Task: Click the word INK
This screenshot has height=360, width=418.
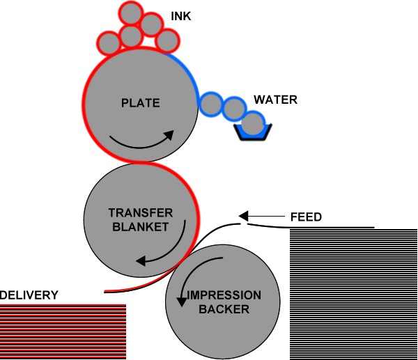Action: click(180, 16)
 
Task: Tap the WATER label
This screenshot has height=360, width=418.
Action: click(275, 100)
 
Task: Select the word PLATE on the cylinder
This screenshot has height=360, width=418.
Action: click(141, 103)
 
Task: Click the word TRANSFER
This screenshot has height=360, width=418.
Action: click(141, 213)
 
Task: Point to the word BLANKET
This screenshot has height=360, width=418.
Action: click(141, 227)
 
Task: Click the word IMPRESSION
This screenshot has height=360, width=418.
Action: click(224, 295)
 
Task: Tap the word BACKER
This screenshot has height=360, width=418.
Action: click(224, 309)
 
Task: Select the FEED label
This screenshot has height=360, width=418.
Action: click(306, 217)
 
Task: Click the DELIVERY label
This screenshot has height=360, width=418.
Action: click(29, 295)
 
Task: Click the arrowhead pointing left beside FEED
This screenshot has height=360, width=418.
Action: click(243, 216)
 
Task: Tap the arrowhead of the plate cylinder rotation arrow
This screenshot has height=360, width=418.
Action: click(169, 135)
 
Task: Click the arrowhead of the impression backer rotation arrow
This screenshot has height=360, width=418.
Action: click(182, 302)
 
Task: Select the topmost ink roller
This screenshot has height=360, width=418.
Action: click(131, 14)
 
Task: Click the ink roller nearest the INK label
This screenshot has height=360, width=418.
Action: click(151, 24)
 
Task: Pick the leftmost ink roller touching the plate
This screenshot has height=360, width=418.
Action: click(109, 43)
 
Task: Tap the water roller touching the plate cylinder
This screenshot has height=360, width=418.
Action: click(211, 104)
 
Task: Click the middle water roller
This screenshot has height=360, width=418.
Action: click(234, 109)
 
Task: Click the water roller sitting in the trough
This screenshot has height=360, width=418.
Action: click(253, 123)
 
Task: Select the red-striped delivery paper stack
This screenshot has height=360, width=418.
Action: click(63, 331)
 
